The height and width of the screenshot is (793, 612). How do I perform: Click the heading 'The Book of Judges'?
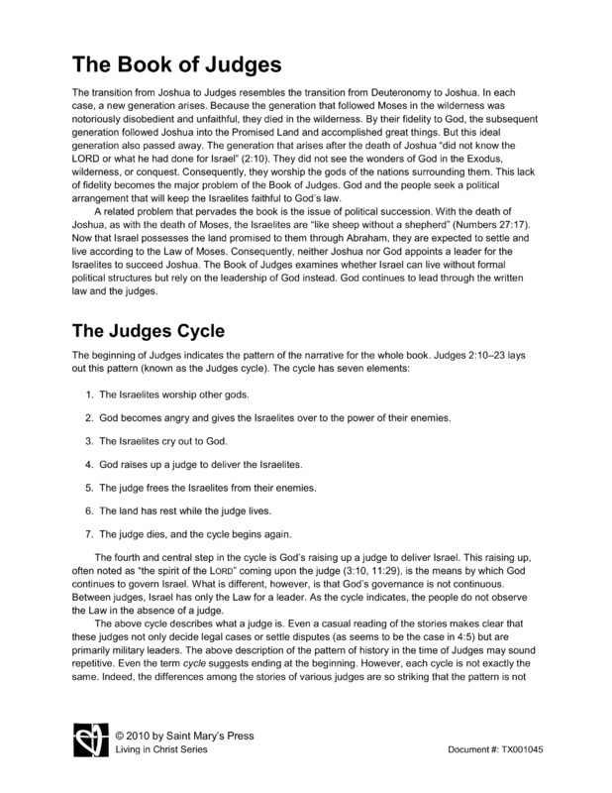[x=177, y=66]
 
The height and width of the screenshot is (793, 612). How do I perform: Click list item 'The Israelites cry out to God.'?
[x=169, y=439]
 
